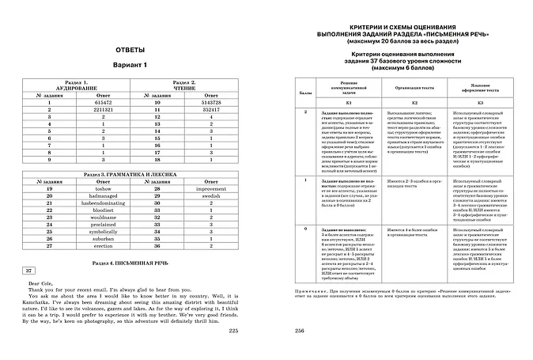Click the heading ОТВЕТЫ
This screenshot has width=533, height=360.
click(130, 51)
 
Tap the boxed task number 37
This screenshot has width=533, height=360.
click(28, 271)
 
